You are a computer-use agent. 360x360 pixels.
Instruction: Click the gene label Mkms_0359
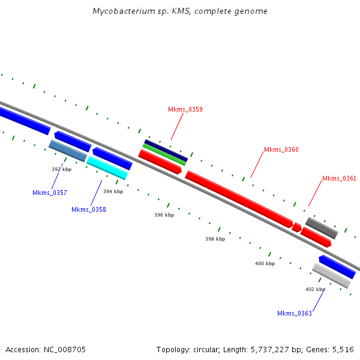tap(185, 109)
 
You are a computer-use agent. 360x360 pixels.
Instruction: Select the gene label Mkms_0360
tap(281, 149)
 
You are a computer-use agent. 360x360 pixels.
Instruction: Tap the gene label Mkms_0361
tap(339, 178)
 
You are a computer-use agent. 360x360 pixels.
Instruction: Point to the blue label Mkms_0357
tap(49, 193)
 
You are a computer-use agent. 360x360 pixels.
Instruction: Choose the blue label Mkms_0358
tap(88, 209)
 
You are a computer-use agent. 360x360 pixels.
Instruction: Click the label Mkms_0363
tap(294, 313)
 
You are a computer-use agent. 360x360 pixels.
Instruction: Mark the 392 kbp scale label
tap(61, 169)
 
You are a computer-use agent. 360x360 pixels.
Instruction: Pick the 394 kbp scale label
tap(113, 191)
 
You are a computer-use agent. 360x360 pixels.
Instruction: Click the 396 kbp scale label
tap(164, 215)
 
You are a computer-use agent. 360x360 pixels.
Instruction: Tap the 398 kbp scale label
tap(215, 239)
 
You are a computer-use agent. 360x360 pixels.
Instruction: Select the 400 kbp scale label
tap(265, 263)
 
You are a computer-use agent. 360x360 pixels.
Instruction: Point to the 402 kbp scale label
tap(315, 289)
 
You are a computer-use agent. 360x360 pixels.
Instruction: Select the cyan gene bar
tap(107, 167)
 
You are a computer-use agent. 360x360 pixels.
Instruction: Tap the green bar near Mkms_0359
tap(164, 154)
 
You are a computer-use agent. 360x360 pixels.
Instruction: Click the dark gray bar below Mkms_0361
tap(322, 228)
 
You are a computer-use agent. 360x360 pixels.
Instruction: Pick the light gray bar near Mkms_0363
tap(331, 275)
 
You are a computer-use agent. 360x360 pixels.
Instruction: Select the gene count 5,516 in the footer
tap(343, 349)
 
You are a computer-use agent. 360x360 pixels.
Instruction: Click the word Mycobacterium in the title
tap(121, 11)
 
